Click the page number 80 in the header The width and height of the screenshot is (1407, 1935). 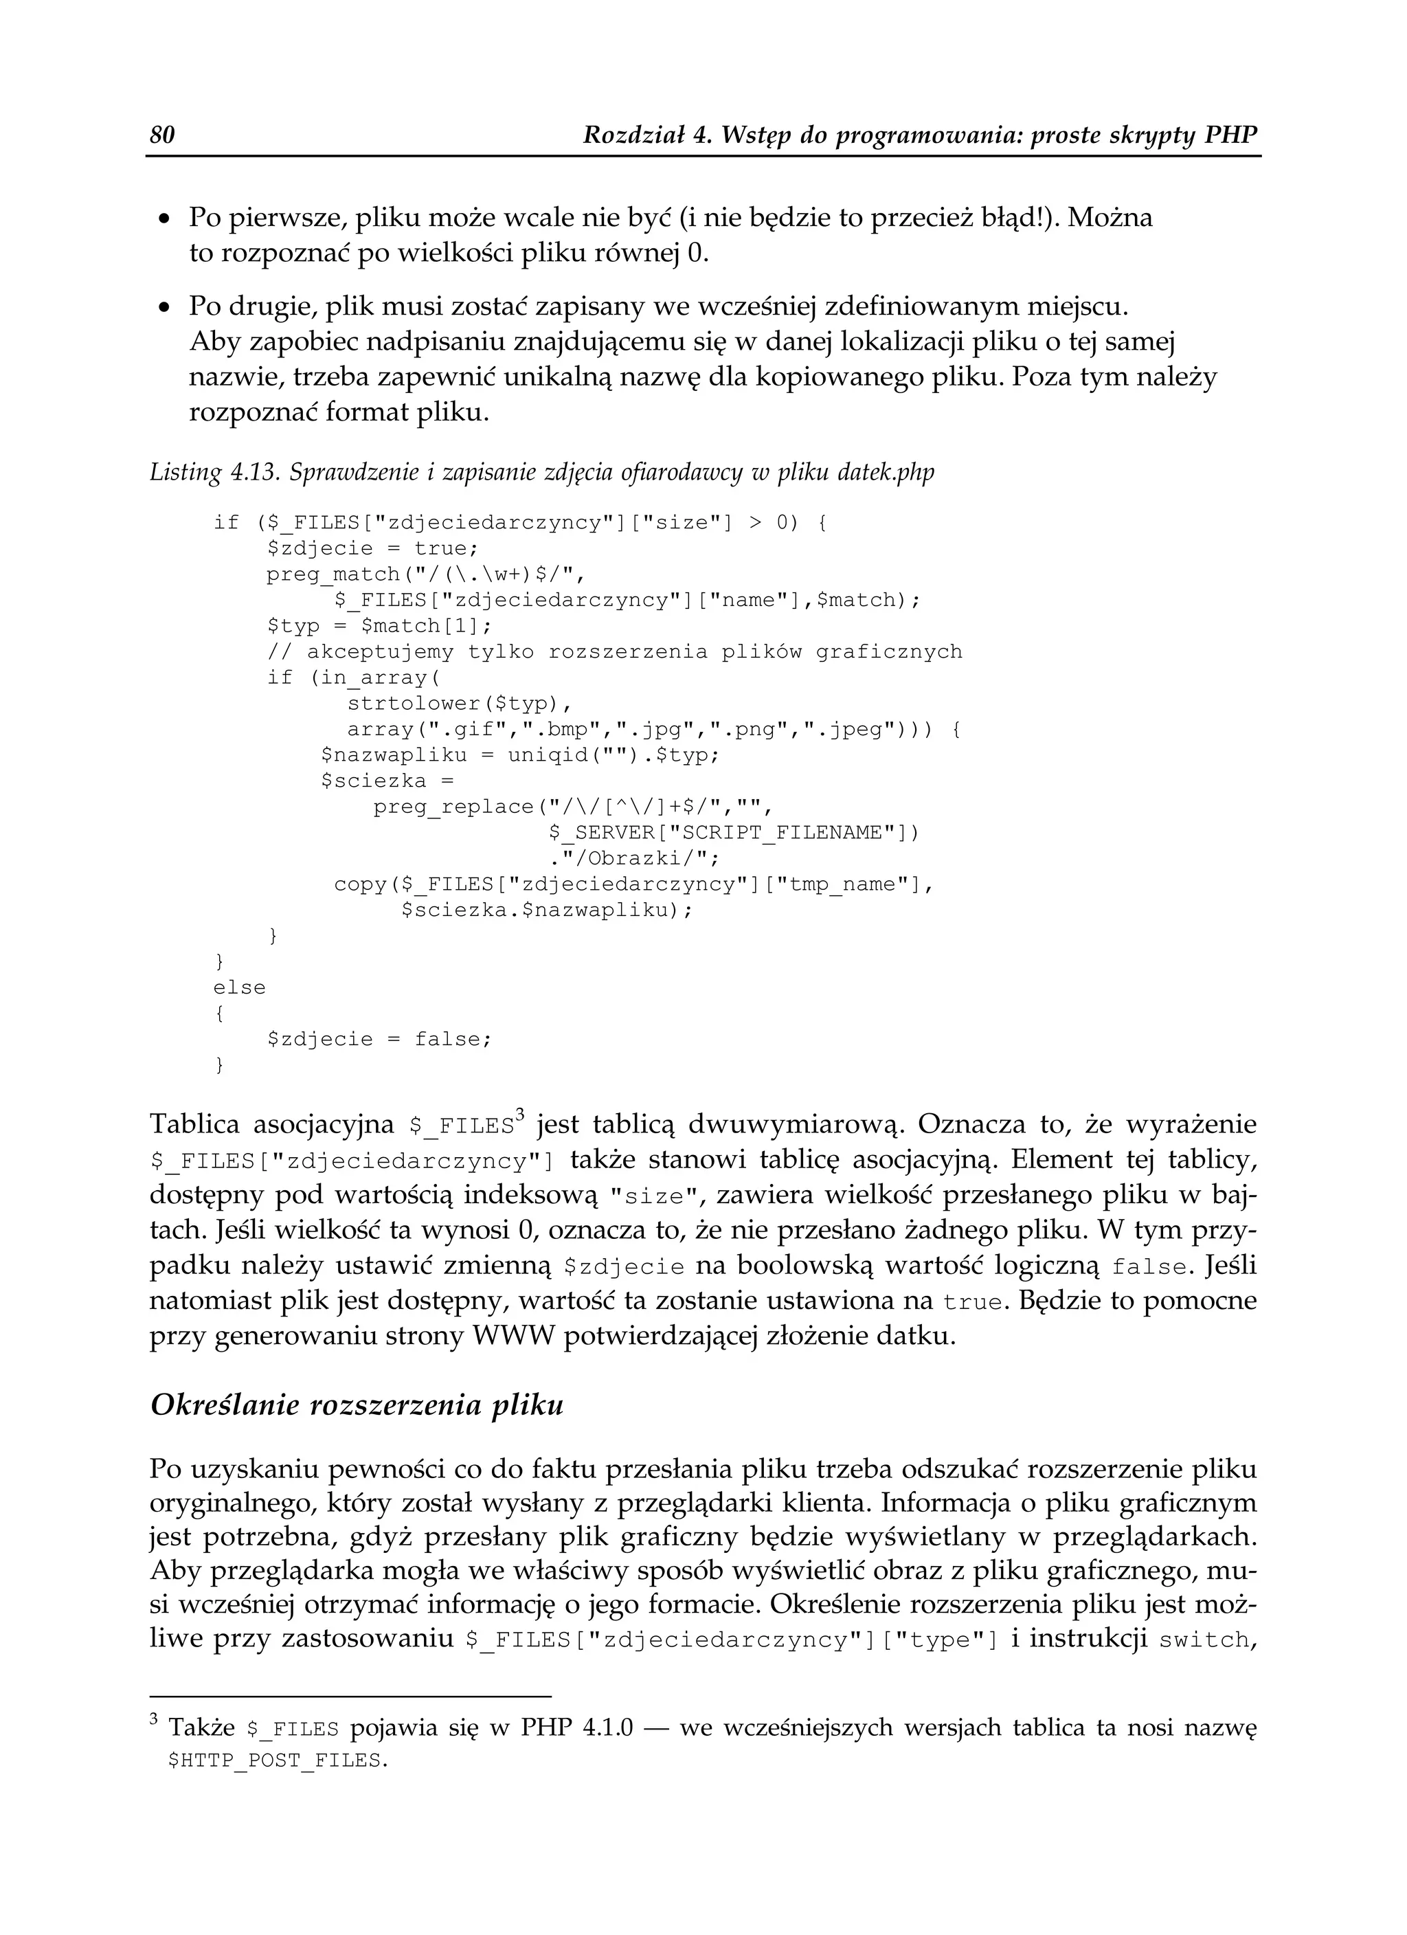coord(162,135)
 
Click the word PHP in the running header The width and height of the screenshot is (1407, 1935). coord(1231,135)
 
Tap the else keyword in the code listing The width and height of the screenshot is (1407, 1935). coord(239,987)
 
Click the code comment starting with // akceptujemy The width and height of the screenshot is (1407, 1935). coord(614,652)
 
